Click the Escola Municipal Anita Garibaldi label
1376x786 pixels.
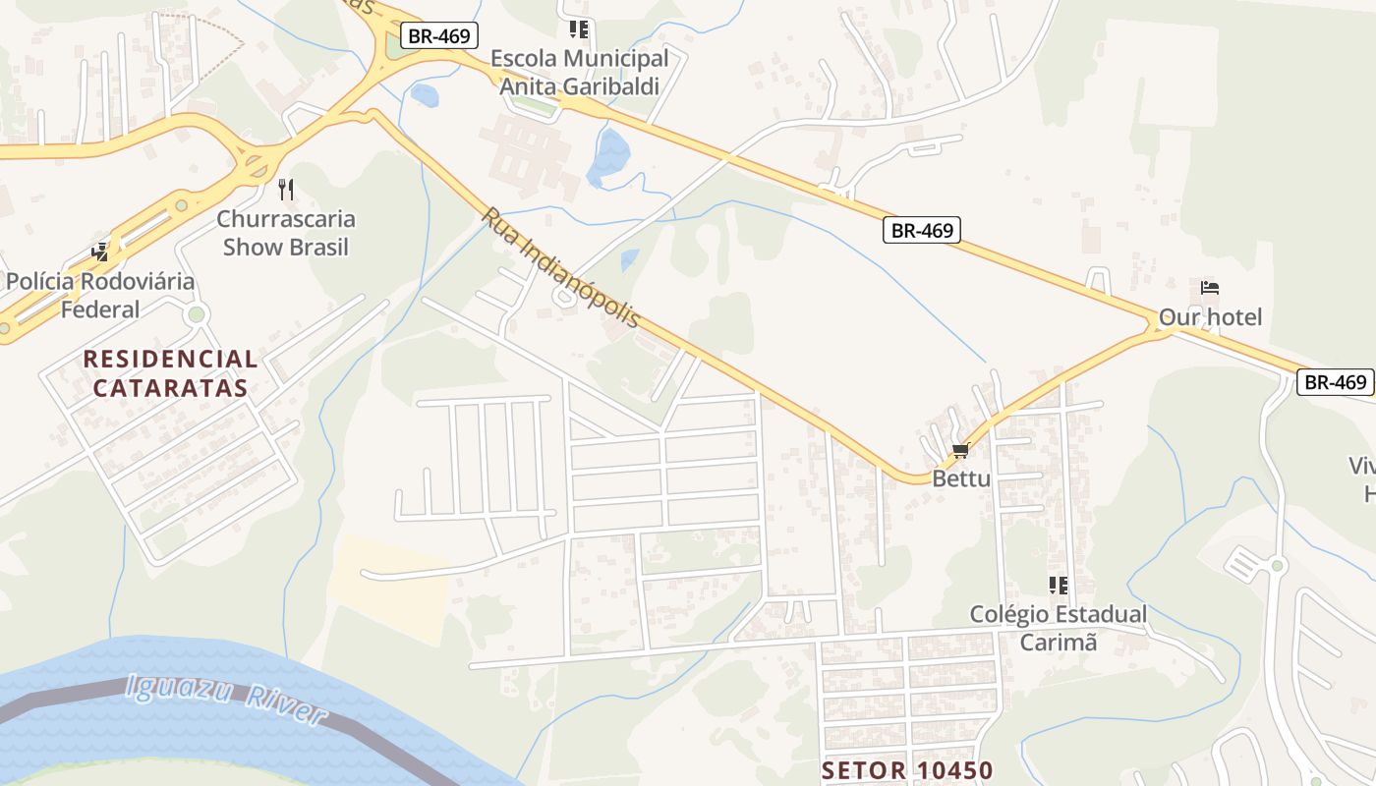coord(579,72)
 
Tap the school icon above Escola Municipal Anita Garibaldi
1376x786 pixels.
coord(579,29)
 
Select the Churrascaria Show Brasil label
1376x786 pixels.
coord(286,233)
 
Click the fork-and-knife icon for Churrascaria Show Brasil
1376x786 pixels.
coord(286,189)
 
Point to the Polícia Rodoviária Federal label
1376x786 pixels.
coord(100,296)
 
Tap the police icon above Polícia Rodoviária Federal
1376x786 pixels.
coord(100,253)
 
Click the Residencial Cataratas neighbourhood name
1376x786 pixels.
coord(170,373)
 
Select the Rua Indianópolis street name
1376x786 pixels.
coord(560,267)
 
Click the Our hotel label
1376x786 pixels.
coord(1210,317)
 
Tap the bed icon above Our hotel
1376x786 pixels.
coord(1210,288)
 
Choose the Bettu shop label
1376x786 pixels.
coord(961,479)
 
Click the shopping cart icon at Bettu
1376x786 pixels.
coord(960,451)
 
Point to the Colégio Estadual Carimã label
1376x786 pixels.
coord(1058,629)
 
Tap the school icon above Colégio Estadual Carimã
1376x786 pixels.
coord(1058,586)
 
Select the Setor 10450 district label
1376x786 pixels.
coord(907,770)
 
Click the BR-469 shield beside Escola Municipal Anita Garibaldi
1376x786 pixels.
coord(439,36)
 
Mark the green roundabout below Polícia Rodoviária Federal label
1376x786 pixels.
coord(197,314)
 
